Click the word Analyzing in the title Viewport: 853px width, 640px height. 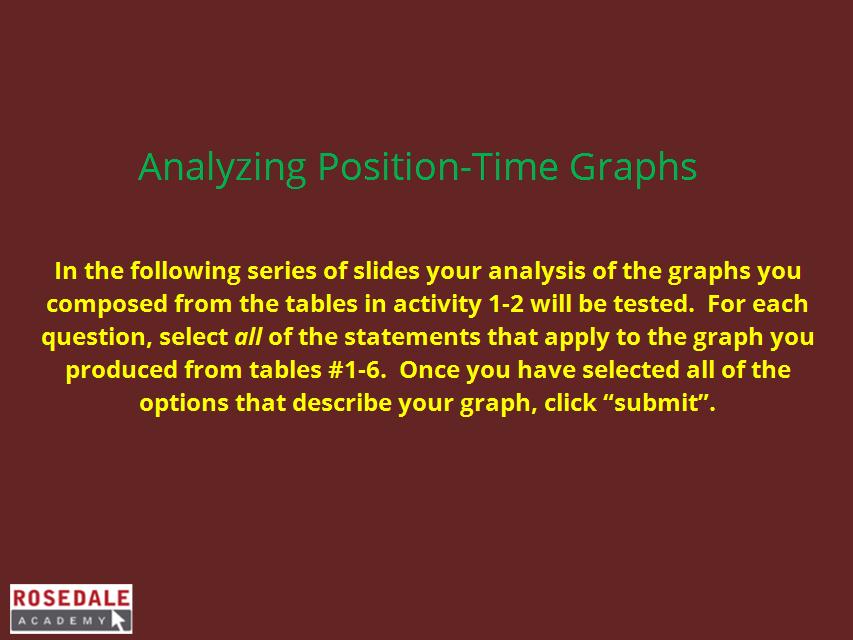(222, 167)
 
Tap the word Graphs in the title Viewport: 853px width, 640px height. (633, 167)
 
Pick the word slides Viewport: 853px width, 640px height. (387, 271)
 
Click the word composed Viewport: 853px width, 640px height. (107, 304)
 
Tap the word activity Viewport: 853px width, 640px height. (437, 304)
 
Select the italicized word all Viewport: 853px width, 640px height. (248, 337)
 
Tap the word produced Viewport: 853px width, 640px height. (121, 371)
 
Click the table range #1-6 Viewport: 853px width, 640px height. (356, 371)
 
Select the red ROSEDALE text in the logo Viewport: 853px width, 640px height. (71, 599)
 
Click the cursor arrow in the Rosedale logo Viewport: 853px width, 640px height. (119, 620)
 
